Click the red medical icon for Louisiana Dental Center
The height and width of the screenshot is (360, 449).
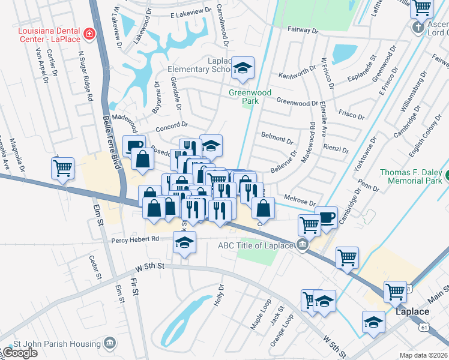pos(89,33)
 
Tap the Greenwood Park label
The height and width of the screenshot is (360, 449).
pos(250,97)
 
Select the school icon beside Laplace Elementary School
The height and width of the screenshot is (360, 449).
pos(243,68)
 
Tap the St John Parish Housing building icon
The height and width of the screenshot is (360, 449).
pos(109,343)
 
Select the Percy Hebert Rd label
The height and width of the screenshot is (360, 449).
pos(135,239)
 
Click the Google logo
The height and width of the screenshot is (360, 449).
pos(19,353)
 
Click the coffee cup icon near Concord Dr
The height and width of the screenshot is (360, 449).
pos(134,146)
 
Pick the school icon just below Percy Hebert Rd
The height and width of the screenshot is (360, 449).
pos(184,243)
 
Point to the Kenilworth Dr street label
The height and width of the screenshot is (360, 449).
pos(297,76)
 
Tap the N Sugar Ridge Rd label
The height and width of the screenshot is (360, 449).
pos(85,75)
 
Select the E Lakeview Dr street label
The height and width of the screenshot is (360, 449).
pos(191,13)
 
